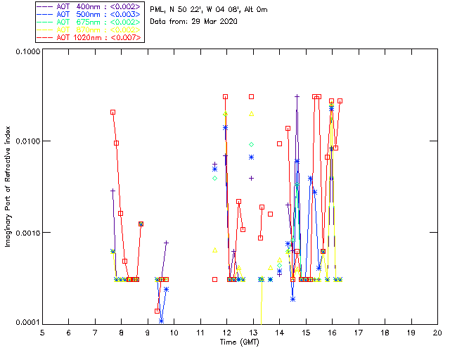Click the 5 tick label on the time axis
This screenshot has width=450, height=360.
coord(42,332)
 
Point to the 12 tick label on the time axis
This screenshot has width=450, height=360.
coord(226,332)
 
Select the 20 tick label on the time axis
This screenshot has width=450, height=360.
coord(437,332)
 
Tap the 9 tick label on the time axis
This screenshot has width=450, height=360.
coord(148,332)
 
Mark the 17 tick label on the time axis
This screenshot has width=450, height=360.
coord(359,332)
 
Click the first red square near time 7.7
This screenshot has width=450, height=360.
coord(112,112)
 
